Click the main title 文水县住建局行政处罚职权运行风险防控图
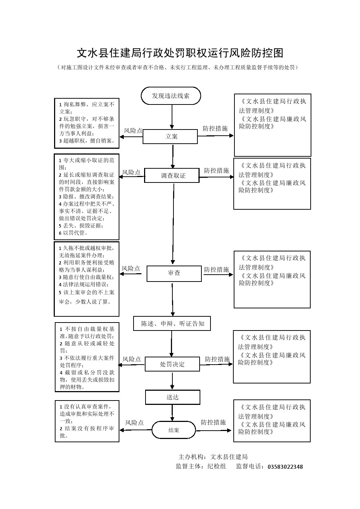pyautogui.click(x=180, y=53)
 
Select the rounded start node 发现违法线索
pyautogui.click(x=171, y=96)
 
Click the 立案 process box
pyautogui.click(x=170, y=137)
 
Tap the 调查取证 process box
pyautogui.click(x=172, y=176)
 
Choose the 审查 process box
pyautogui.click(x=174, y=273)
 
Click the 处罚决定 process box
pyautogui.click(x=172, y=364)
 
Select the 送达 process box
pyautogui.click(x=172, y=397)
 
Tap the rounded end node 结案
pyautogui.click(x=173, y=430)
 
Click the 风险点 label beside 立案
pyautogui.click(x=133, y=131)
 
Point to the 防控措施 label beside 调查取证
pyautogui.click(x=216, y=170)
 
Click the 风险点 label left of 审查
pyautogui.click(x=131, y=268)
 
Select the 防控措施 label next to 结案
pyautogui.click(x=213, y=422)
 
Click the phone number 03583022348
pyautogui.click(x=285, y=467)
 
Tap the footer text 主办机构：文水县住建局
pyautogui.click(x=213, y=457)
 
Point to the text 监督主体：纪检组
pyautogui.click(x=201, y=467)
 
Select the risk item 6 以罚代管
pyautogui.click(x=73, y=233)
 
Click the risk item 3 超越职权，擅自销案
pyautogui.click(x=87, y=141)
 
